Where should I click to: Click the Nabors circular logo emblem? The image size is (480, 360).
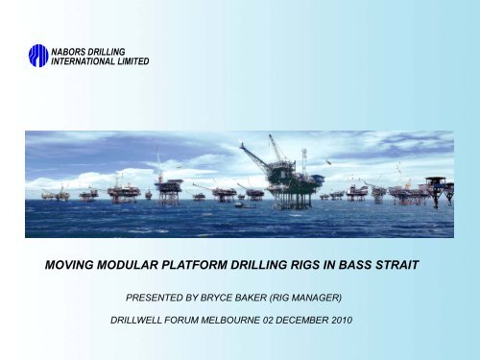(37, 56)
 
